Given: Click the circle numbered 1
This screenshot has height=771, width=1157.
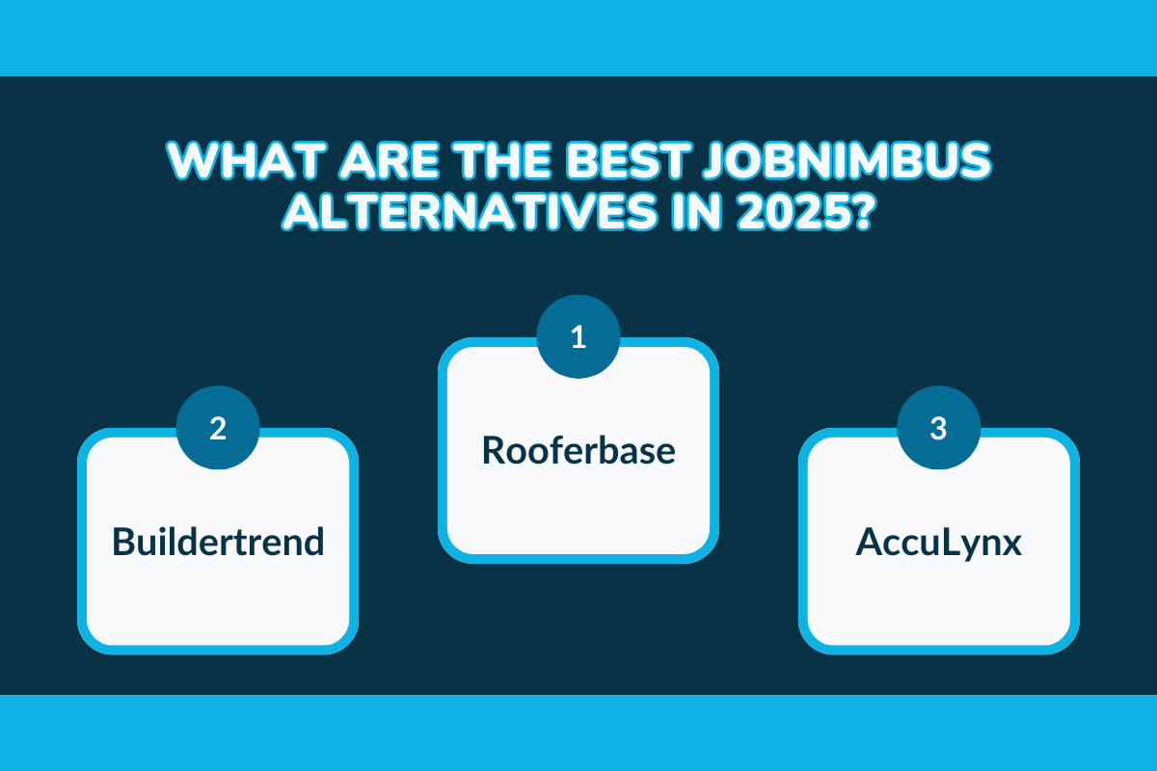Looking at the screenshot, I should pos(578,337).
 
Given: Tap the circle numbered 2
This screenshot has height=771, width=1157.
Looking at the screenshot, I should pos(218,427).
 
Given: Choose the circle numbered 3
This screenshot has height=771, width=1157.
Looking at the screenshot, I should pos(938,427).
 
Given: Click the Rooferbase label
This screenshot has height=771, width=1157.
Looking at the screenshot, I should pos(578,450).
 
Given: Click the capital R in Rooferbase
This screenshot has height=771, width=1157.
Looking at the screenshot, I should pos(493,450).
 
